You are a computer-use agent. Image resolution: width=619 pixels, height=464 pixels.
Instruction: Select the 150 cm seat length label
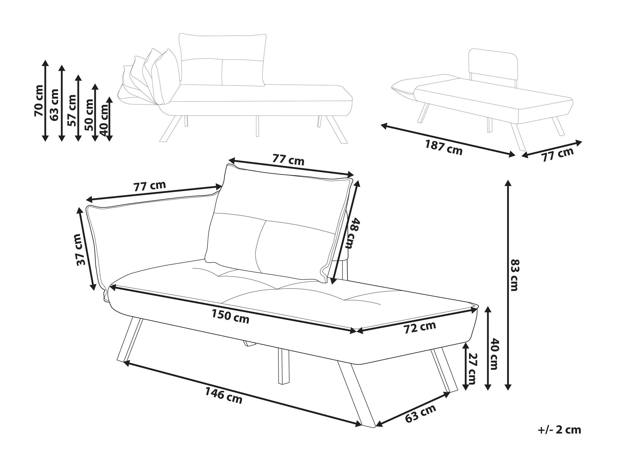230,317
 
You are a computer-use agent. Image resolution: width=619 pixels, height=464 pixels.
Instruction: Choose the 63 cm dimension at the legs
421,413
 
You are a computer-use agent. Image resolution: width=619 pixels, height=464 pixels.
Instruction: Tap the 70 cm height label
38,100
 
